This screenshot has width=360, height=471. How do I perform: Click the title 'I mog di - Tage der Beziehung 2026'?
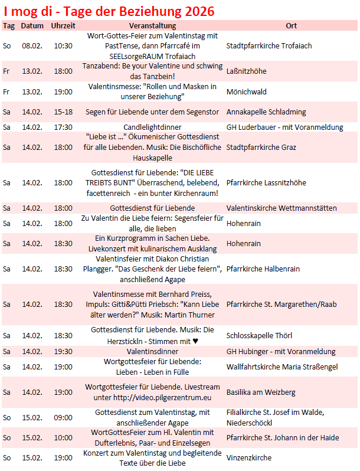click(109, 11)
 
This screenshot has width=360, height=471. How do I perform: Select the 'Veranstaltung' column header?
click(153, 26)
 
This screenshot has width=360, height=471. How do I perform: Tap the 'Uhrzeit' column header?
click(63, 26)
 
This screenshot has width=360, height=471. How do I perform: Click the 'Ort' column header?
click(291, 26)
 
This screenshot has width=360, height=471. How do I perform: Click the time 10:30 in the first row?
click(63, 45)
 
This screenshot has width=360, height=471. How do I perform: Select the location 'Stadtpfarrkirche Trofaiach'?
click(269, 45)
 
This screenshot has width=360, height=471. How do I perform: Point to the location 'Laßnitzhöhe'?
click(246, 71)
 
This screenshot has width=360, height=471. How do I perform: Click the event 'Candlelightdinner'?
click(153, 127)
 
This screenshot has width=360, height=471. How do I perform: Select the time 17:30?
click(63, 127)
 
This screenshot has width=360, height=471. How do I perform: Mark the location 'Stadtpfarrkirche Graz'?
click(261, 148)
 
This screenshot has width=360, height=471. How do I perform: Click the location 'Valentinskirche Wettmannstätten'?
click(282, 208)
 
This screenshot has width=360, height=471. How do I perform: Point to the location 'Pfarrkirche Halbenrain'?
click(263, 269)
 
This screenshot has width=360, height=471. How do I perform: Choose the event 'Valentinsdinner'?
click(153, 351)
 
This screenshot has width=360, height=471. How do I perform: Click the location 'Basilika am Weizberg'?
click(261, 392)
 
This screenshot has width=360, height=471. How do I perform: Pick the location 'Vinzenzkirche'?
click(249, 457)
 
